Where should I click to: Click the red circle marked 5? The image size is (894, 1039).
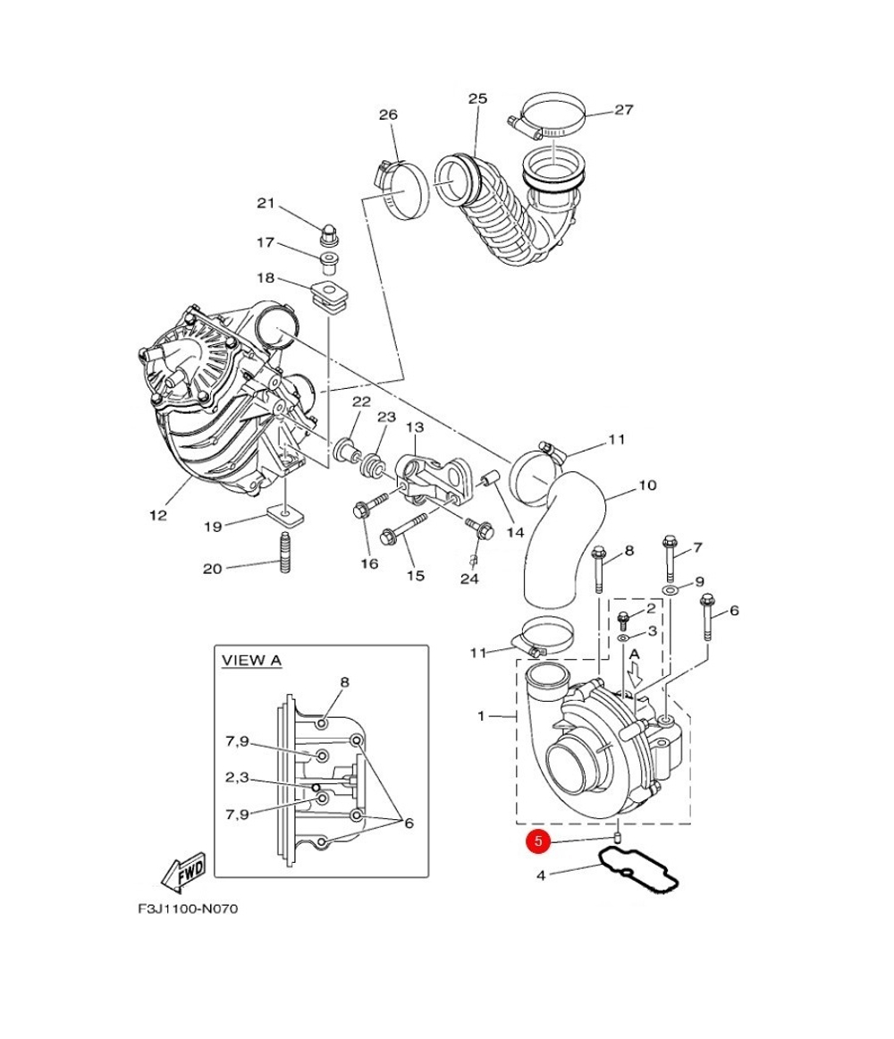click(538, 840)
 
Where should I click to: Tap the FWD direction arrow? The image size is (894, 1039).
click(183, 871)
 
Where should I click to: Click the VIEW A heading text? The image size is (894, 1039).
click(251, 661)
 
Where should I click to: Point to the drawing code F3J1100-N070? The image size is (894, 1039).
click(188, 908)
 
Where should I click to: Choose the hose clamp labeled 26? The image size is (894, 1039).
click(398, 189)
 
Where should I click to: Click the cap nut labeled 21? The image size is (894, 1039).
click(328, 233)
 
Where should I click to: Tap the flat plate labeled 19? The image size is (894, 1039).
click(283, 516)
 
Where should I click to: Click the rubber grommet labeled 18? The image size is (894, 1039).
click(330, 297)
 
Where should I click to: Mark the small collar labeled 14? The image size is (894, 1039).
click(489, 477)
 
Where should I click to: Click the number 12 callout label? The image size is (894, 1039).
click(157, 515)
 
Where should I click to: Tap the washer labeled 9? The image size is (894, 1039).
click(670, 589)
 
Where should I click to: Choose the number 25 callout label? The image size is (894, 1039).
click(477, 98)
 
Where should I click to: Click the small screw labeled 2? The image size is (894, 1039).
click(622, 621)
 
